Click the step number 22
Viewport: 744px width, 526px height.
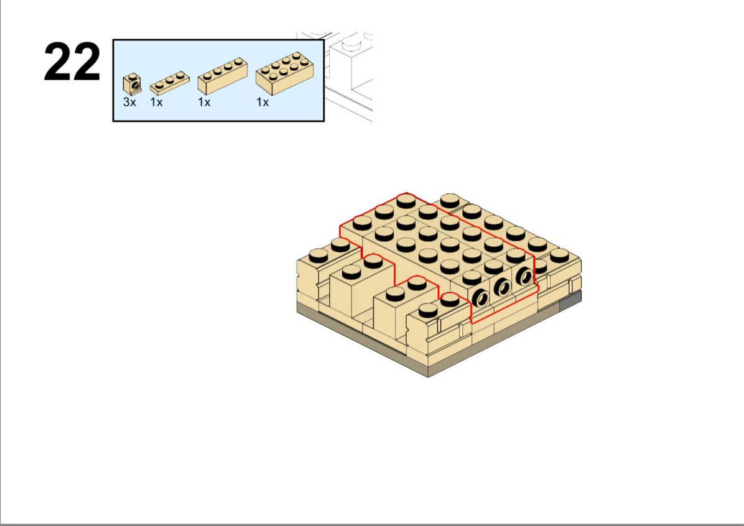tap(72, 62)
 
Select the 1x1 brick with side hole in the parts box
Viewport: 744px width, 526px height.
tap(132, 84)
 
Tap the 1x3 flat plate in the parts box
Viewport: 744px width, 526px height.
tap(169, 83)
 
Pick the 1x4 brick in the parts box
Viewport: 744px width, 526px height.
tap(223, 76)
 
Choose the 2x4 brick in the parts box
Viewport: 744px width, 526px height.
tap(284, 73)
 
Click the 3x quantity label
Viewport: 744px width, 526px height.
tap(129, 102)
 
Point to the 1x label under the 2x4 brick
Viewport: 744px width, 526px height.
tap(263, 102)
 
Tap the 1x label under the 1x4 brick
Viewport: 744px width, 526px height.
tap(204, 102)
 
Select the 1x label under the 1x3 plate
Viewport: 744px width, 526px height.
tap(156, 102)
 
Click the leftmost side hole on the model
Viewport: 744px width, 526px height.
tap(481, 298)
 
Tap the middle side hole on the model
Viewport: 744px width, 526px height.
tap(503, 287)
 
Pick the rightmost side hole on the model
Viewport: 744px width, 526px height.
tap(524, 275)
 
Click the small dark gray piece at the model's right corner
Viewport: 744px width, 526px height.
tap(571, 301)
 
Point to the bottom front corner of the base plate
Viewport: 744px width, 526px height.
tap(429, 377)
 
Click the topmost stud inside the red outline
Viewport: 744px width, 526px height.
tap(406, 200)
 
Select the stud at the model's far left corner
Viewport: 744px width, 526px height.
tap(319, 256)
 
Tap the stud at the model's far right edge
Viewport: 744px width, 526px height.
tap(560, 255)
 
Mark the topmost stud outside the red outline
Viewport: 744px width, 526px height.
tap(450, 201)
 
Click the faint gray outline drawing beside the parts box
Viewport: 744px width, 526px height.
tap(349, 76)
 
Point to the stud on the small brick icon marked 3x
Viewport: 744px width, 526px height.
tap(132, 76)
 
